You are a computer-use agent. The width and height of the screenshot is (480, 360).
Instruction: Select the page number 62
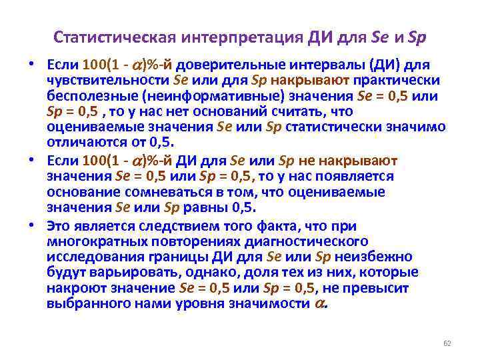tap(447, 343)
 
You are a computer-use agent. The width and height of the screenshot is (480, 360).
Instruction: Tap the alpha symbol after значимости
tap(319, 303)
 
